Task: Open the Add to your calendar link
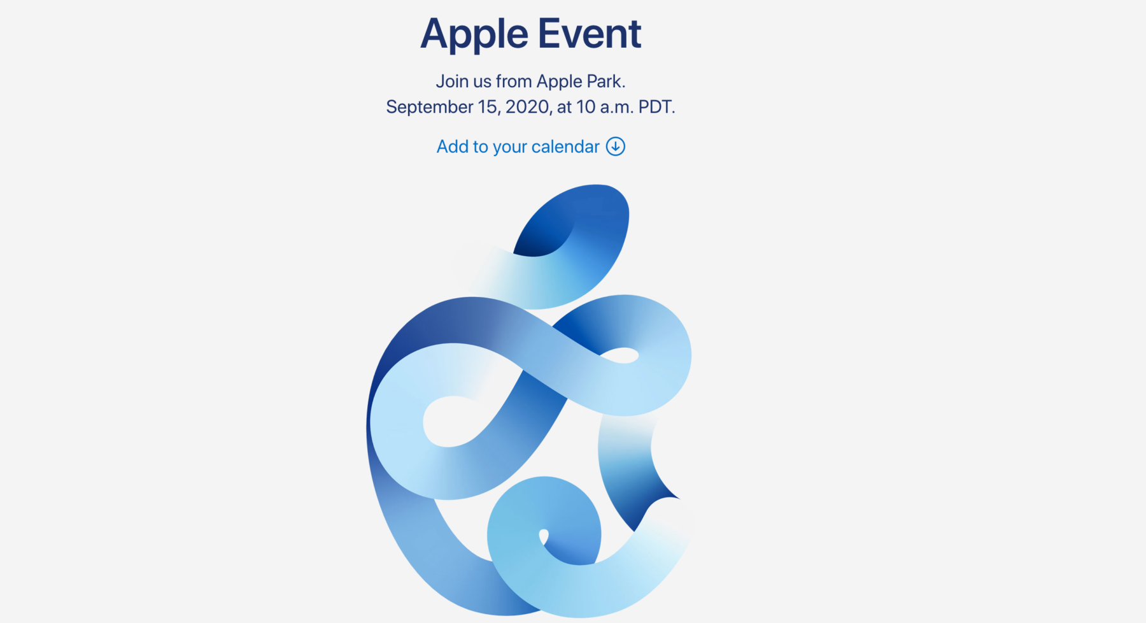click(530, 147)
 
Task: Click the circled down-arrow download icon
click(616, 147)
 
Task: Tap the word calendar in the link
click(565, 147)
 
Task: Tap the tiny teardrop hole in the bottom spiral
click(544, 536)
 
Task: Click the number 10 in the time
click(586, 107)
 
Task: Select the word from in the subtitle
click(514, 82)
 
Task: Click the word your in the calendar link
click(510, 148)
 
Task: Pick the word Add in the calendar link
click(453, 147)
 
